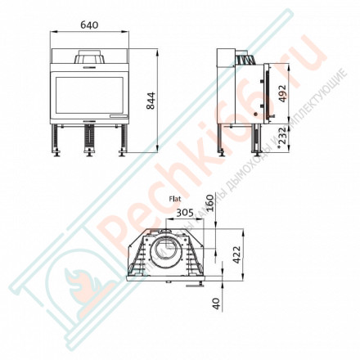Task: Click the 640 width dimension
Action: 90,25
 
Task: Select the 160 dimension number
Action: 211,202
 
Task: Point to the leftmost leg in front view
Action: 60,144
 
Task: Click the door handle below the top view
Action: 193,286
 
